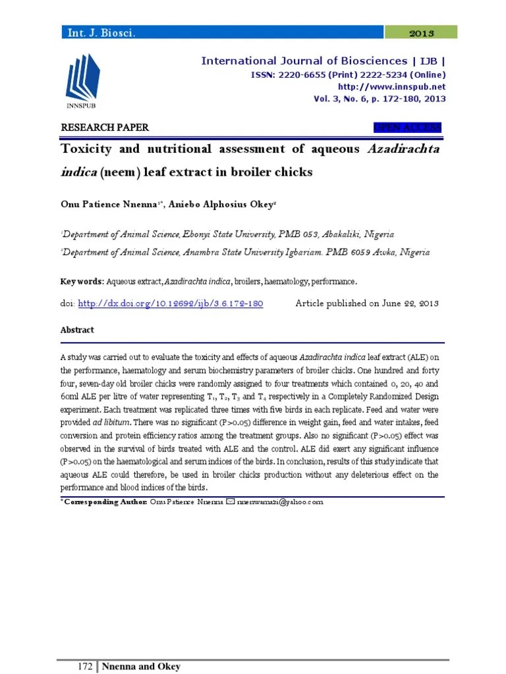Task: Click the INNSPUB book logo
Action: [x=84, y=81]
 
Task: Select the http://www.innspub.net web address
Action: [x=391, y=86]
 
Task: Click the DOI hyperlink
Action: [x=171, y=303]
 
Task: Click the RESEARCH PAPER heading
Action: [x=105, y=128]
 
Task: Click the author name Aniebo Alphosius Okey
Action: [x=222, y=205]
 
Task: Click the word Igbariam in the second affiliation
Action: [x=301, y=251]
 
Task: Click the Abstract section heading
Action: [x=77, y=330]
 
